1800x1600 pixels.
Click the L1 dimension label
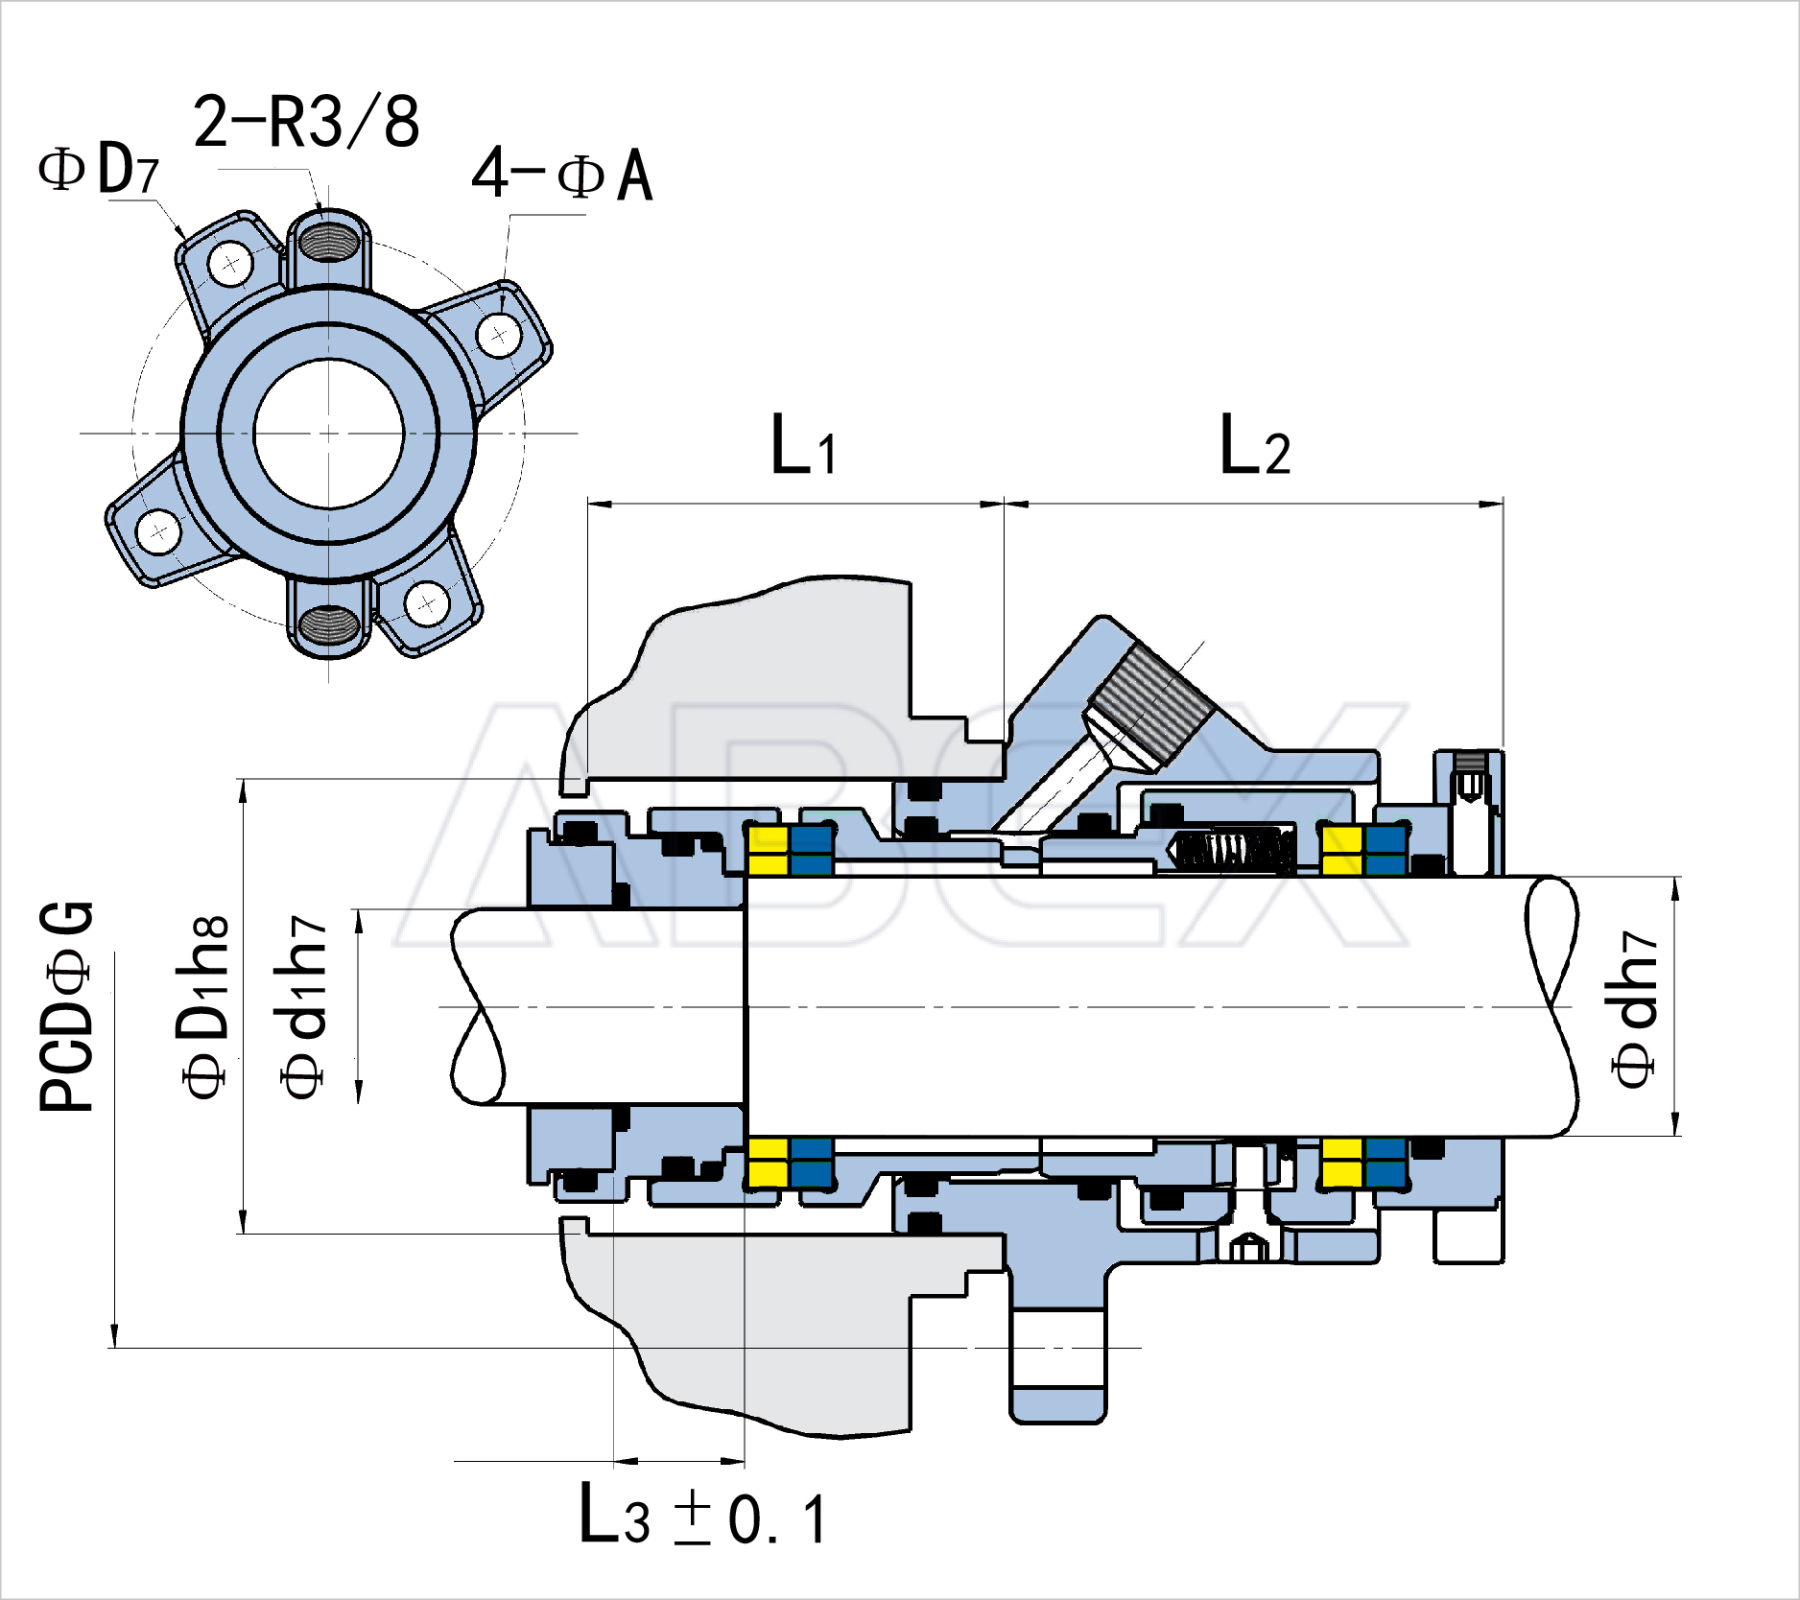[x=804, y=445]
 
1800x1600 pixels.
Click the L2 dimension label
[x=1255, y=445]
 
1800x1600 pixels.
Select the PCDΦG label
[x=67, y=1007]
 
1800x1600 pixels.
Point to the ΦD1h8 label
[x=203, y=1007]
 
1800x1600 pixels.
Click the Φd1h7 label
[x=305, y=1007]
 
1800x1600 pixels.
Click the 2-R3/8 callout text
[x=306, y=123]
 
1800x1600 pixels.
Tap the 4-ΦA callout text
[x=562, y=175]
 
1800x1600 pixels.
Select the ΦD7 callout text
[x=99, y=170]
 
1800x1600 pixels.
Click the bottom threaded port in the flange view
[x=329, y=627]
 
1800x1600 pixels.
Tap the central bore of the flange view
[x=329, y=434]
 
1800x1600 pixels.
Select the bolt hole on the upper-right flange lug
[x=499, y=336]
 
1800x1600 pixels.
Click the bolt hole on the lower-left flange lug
[x=158, y=530]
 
